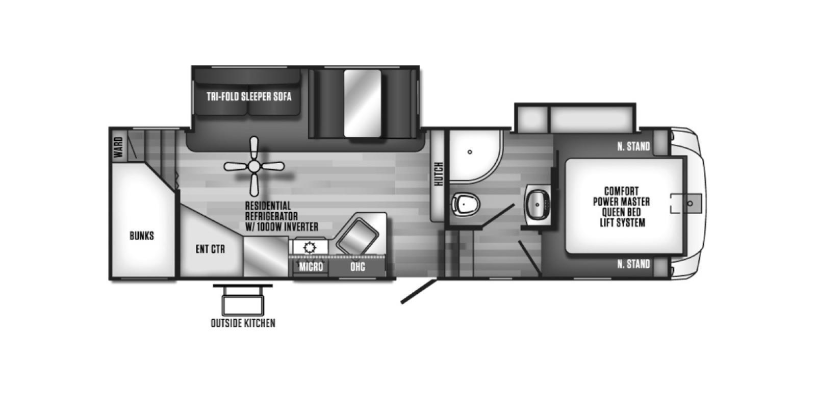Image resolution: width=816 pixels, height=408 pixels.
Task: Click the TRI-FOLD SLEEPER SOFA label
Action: (x=249, y=96)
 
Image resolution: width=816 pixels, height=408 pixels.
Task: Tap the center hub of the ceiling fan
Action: (x=254, y=166)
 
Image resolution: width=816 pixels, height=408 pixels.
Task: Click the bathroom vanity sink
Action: (x=538, y=205)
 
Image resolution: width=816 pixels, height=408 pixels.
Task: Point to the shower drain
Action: (x=470, y=151)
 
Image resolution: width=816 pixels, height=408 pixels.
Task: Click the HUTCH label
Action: (x=439, y=174)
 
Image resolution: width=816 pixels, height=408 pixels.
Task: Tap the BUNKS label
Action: (x=142, y=236)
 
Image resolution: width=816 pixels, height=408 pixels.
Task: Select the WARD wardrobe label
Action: (x=118, y=147)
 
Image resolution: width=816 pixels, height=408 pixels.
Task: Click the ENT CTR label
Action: (x=210, y=249)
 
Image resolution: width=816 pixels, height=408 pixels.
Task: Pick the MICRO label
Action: (x=311, y=267)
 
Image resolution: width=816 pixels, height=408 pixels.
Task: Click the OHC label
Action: (x=358, y=267)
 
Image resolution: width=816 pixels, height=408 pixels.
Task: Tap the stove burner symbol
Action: (x=310, y=248)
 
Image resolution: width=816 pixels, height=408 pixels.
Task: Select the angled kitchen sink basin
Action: (x=358, y=237)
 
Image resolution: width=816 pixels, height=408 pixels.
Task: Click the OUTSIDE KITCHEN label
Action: (x=243, y=323)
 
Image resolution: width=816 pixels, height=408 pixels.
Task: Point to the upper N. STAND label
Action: (x=633, y=146)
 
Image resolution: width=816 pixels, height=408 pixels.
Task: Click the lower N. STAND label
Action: (x=633, y=264)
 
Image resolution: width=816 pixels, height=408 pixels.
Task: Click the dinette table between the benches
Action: (x=363, y=104)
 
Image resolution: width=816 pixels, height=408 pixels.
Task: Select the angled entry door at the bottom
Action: (x=419, y=291)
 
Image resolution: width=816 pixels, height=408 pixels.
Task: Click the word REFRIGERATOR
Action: (x=271, y=216)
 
